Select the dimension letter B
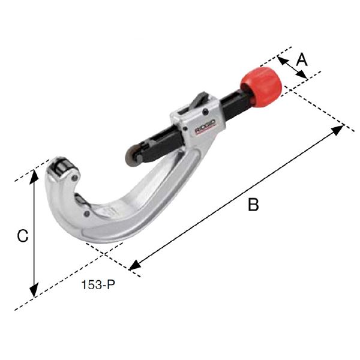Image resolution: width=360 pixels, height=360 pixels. (253, 205)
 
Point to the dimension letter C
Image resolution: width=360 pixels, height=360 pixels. (22, 236)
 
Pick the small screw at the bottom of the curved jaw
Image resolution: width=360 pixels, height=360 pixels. (88, 212)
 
